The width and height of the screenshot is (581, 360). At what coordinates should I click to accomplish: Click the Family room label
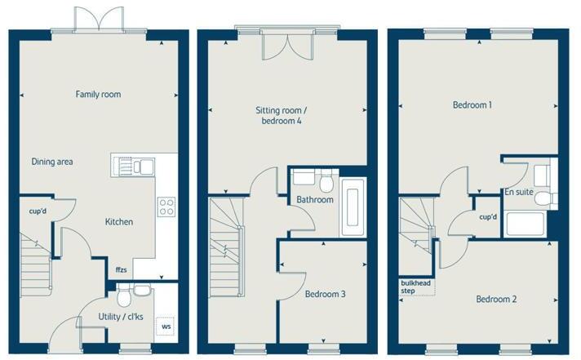tap(98, 94)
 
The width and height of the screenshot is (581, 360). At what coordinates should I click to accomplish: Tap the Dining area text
tap(52, 162)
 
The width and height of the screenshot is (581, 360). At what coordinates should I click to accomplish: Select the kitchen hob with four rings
tap(166, 207)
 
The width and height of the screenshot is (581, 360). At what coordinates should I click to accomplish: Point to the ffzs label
tap(121, 269)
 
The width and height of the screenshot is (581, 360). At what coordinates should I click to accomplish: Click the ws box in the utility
tap(166, 327)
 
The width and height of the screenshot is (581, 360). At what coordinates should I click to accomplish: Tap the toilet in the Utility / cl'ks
tap(124, 296)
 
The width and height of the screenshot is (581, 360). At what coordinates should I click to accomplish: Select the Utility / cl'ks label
tap(121, 317)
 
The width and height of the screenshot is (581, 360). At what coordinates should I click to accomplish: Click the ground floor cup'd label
tap(38, 211)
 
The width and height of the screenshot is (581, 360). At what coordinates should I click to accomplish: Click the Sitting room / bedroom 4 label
tap(282, 115)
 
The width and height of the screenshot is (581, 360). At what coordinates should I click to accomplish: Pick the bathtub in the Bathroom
tap(353, 207)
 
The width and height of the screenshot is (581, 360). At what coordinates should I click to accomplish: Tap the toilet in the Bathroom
tap(326, 181)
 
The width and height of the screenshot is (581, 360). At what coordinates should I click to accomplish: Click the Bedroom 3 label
tap(326, 294)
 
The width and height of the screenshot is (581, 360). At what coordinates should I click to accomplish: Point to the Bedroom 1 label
tap(472, 105)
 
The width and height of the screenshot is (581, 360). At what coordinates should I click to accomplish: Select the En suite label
tap(519, 192)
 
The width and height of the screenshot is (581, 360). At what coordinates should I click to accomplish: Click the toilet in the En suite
tap(546, 198)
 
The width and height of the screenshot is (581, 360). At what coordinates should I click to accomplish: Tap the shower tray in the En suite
tap(525, 224)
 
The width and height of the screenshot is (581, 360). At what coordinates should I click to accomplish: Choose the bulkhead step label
tap(415, 287)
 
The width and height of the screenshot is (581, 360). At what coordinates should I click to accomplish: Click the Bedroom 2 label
tap(496, 299)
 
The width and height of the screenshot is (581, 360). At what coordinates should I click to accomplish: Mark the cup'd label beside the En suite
tap(488, 217)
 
